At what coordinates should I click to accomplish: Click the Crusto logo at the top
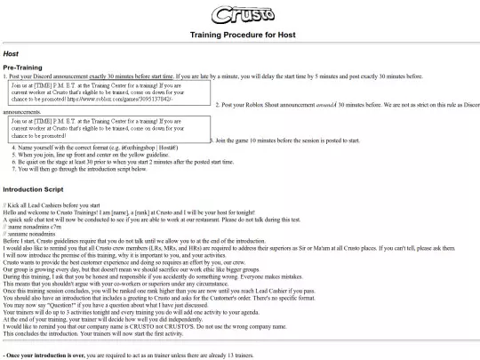point(240,15)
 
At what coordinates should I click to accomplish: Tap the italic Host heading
point(12,53)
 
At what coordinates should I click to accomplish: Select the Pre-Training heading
point(22,68)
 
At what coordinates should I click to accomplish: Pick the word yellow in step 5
point(124,153)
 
